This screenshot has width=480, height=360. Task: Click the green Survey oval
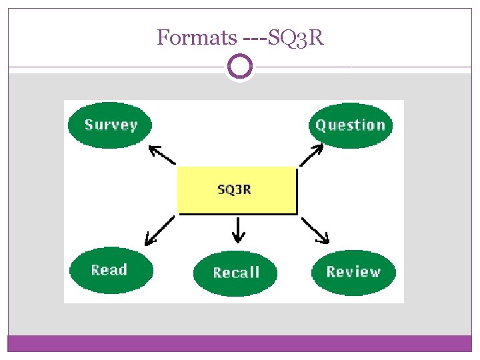[110, 125]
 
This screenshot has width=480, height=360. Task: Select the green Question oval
[351, 125]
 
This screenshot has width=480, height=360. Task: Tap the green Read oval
[111, 270]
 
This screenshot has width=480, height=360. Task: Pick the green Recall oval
[235, 272]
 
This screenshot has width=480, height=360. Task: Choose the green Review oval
[353, 272]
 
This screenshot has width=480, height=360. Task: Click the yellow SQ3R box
[237, 191]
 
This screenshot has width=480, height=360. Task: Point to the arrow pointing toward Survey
[161, 155]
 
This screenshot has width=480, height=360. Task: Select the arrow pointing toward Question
[311, 156]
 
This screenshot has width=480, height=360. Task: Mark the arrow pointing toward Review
[315, 231]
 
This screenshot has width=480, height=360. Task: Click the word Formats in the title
[195, 38]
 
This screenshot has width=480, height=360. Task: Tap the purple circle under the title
[240, 67]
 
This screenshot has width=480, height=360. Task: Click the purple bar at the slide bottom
[240, 343]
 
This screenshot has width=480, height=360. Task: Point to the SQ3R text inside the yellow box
[235, 189]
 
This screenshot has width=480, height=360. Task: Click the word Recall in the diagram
[235, 272]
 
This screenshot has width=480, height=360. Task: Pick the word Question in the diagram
[351, 125]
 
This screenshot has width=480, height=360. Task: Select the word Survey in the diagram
[111, 125]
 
